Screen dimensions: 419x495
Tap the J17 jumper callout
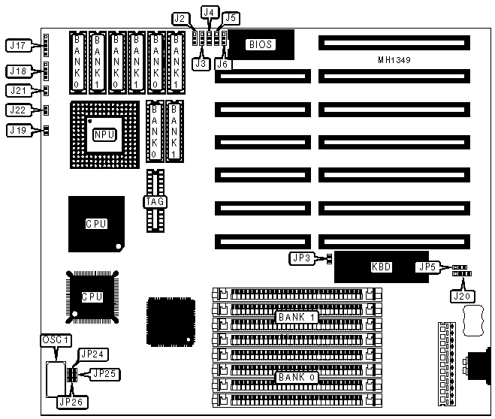coord(17,46)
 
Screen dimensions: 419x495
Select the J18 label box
coord(17,71)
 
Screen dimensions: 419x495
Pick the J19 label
coord(17,130)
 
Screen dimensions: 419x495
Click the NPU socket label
coord(104,135)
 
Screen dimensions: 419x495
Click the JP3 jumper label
coord(299,259)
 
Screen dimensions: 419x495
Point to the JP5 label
coord(426,266)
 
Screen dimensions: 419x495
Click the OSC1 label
coord(54,340)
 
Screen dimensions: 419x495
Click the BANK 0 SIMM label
coord(297,377)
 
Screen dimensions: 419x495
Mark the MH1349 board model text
coord(394,59)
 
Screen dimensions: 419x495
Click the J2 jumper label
coord(180,17)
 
